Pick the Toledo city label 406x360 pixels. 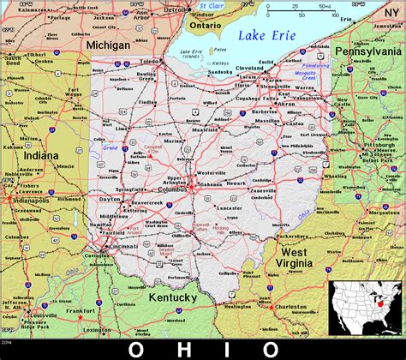click(151, 63)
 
